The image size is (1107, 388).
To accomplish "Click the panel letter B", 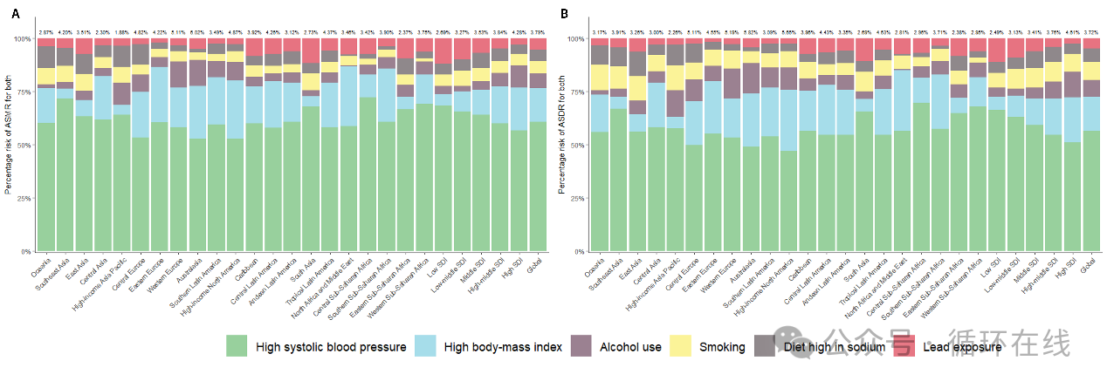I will click(564, 15).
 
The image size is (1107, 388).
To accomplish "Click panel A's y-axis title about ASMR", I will click(9, 145).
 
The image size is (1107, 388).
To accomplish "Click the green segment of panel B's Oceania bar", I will click(600, 192).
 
